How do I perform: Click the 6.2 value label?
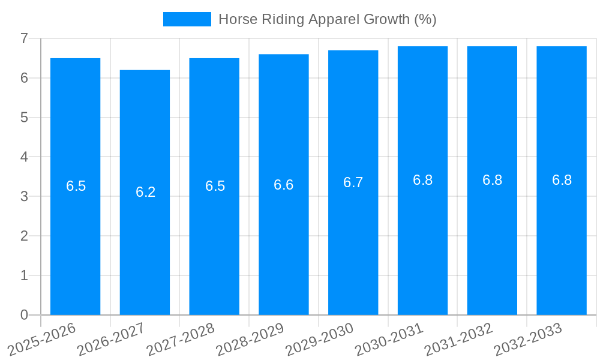145,192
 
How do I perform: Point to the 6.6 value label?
283,185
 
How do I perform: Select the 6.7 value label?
353,182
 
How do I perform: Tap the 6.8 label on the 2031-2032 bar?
492,180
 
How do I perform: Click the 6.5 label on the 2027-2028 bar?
215,186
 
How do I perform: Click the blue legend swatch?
187,19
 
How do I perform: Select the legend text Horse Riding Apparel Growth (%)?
327,19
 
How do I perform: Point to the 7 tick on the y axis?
24,38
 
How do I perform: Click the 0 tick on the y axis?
24,315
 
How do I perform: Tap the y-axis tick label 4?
24,157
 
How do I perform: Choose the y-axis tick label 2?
24,236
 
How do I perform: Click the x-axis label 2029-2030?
320,340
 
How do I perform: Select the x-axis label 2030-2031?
389,340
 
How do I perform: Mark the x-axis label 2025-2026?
42,340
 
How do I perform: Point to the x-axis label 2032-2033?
528,340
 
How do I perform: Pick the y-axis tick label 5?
24,118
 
